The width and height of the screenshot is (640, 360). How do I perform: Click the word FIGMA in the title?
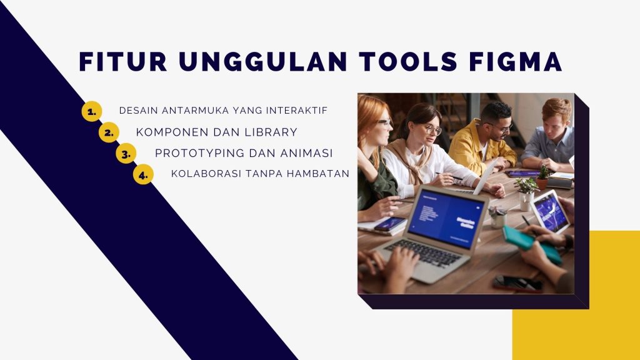516,62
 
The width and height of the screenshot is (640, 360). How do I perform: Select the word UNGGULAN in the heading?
263,62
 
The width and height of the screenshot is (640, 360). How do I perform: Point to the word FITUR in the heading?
123,62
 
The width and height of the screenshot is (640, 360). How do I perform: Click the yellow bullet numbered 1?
92,111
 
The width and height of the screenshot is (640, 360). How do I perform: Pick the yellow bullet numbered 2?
109,132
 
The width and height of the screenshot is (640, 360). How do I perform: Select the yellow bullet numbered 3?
126,154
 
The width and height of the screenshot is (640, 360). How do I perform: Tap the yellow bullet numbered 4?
143,174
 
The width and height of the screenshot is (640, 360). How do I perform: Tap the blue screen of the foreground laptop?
446,219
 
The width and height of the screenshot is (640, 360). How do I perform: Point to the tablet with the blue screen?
549,211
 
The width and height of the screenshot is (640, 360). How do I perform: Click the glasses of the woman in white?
432,130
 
